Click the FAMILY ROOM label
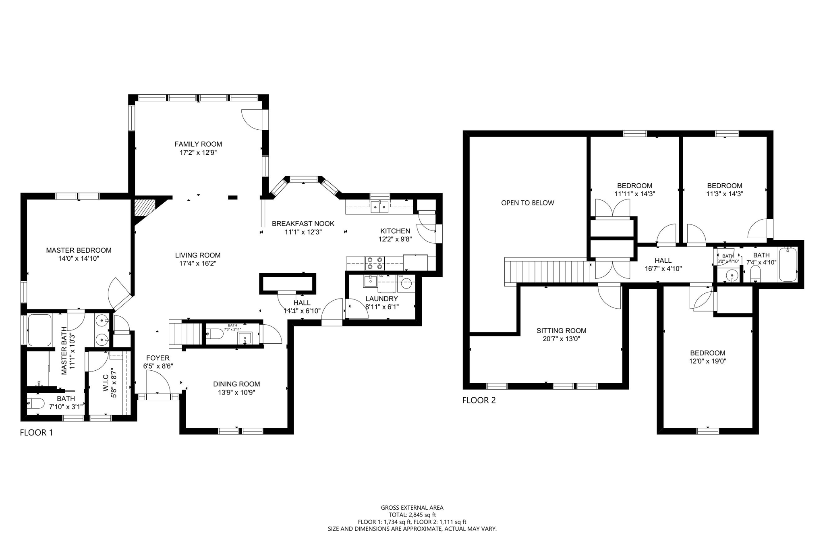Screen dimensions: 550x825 click(198, 144)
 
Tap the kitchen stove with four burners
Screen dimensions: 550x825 click(375, 263)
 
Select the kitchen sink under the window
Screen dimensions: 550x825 click(379, 207)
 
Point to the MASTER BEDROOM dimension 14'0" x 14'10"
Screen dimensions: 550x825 click(79, 259)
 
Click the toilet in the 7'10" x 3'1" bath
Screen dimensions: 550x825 click(35, 403)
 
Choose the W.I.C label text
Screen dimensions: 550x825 click(106, 382)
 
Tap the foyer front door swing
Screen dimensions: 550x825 click(158, 383)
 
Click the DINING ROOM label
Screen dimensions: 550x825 click(236, 384)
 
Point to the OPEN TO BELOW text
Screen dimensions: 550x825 click(527, 203)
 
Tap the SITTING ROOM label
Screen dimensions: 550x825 click(561, 330)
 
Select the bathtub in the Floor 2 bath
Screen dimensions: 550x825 click(788, 265)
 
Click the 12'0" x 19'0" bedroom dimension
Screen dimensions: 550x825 click(707, 361)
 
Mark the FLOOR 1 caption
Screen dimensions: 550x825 click(36, 433)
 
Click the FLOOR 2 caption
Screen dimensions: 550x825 click(479, 400)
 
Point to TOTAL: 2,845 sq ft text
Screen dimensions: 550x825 click(412, 515)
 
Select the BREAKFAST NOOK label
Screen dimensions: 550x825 click(303, 223)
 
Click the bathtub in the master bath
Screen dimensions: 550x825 click(39, 330)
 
